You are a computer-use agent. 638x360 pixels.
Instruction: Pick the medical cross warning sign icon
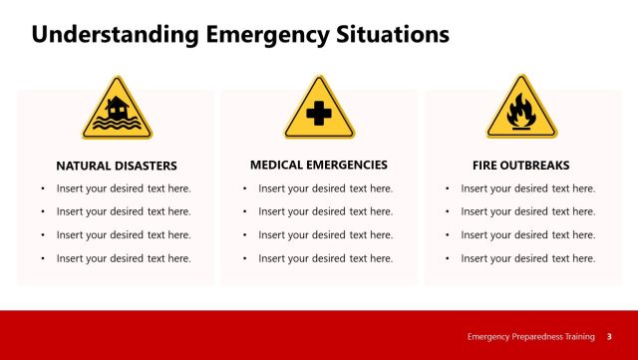coord(319,110)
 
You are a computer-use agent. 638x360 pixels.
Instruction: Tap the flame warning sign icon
coord(521,110)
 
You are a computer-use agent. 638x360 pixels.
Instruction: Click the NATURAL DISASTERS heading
coord(117,166)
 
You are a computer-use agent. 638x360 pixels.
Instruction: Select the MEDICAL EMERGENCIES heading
coord(319,165)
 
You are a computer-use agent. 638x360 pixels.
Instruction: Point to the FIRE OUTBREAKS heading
coord(521,166)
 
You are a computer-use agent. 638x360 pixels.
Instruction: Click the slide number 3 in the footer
coord(609,336)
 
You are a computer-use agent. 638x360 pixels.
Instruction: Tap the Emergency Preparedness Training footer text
coord(531,336)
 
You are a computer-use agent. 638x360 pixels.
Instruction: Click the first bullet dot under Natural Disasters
coord(42,188)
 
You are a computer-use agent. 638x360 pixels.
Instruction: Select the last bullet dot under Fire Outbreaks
coord(447,258)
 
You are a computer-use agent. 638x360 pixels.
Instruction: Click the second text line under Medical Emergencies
coord(326,211)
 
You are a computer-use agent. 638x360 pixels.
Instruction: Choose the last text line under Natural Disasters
coord(124,258)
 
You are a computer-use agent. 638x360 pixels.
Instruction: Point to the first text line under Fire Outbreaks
coord(528,188)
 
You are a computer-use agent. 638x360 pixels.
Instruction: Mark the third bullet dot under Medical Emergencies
coord(244,235)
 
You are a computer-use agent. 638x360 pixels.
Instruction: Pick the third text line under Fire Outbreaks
coord(528,235)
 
